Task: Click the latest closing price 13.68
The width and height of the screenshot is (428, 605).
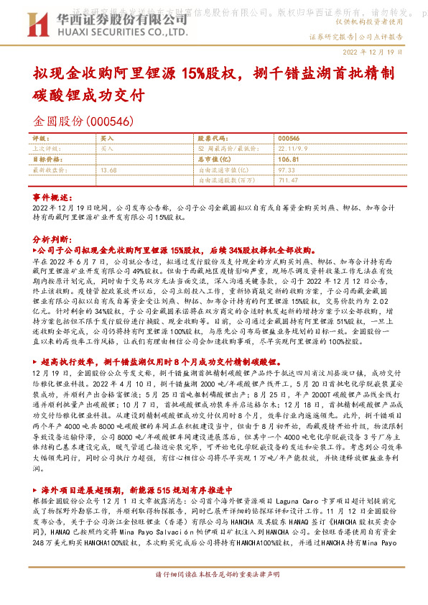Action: coord(109,170)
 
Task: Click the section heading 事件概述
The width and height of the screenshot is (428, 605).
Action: coord(52,197)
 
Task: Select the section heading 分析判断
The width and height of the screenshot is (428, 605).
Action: coord(52,238)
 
